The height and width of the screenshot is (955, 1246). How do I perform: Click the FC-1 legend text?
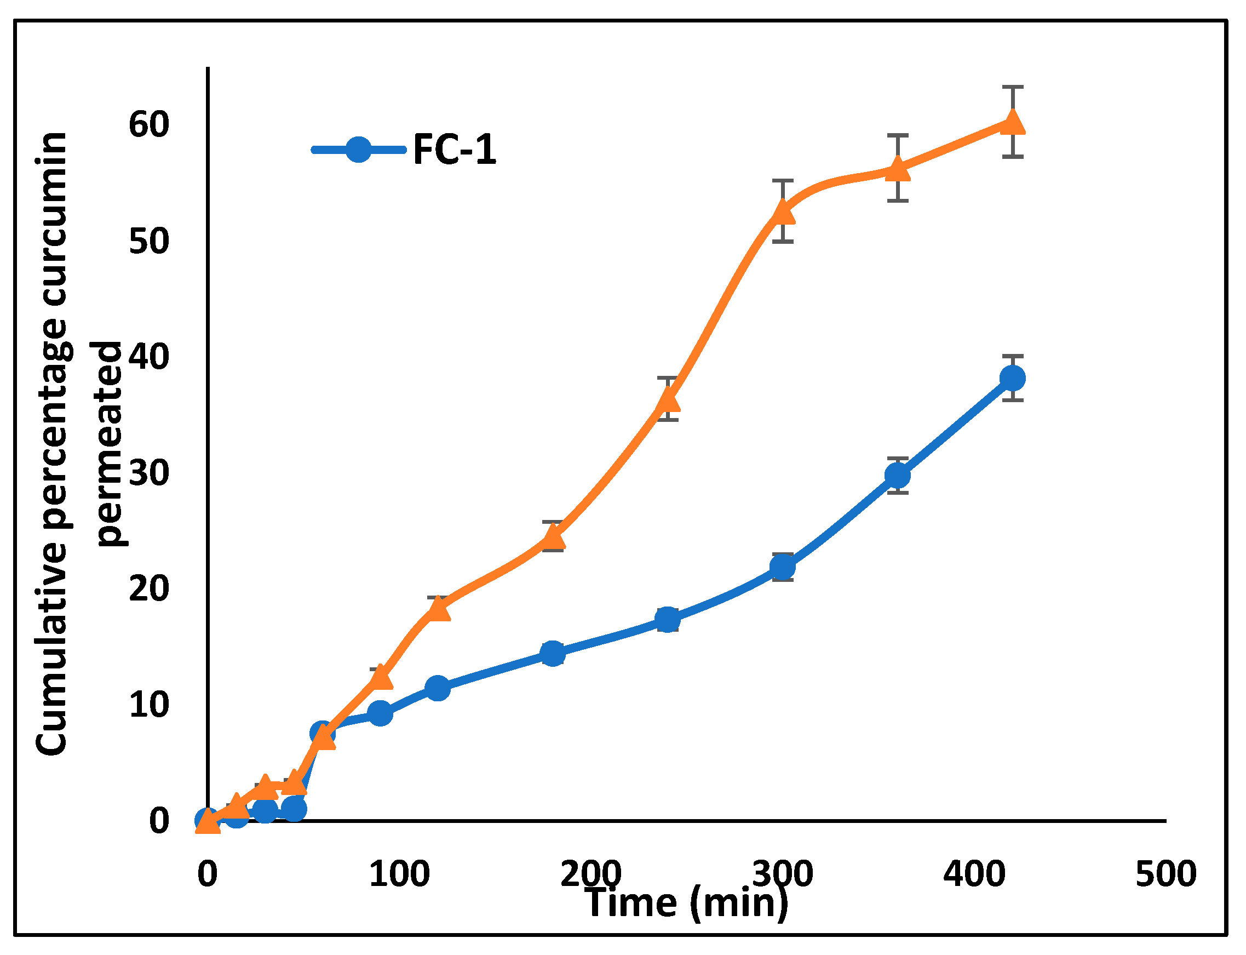click(x=455, y=150)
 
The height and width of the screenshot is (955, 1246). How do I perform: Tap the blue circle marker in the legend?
click(x=359, y=150)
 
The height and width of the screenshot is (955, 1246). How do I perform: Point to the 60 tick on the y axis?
click(x=149, y=124)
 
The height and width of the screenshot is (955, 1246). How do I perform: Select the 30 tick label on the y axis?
click(x=149, y=472)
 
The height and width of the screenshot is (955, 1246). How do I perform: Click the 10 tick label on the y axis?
click(x=149, y=704)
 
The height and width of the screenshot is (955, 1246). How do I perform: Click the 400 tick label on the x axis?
click(x=974, y=874)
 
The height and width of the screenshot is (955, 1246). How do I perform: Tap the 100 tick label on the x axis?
click(x=399, y=874)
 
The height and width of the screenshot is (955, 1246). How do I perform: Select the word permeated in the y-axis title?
click(x=109, y=443)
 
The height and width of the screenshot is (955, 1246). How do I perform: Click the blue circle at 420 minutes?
click(x=1013, y=378)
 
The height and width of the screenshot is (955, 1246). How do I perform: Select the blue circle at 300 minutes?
click(x=783, y=567)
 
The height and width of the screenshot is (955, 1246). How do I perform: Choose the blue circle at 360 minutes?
click(x=898, y=475)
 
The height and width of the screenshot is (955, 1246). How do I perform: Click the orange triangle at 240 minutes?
click(x=668, y=400)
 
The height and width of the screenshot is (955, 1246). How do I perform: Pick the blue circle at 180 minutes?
click(x=553, y=654)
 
